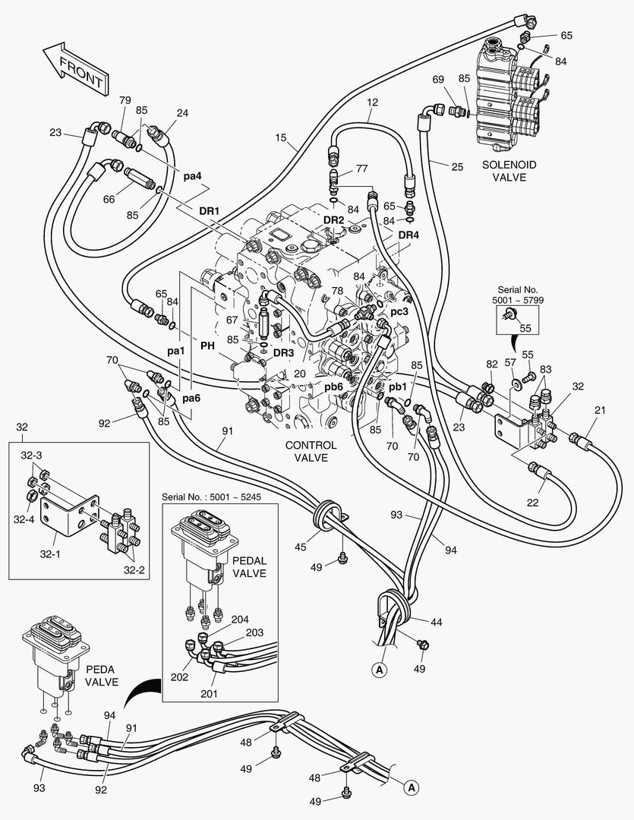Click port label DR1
(x=209, y=210)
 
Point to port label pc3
(x=399, y=311)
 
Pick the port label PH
(x=207, y=345)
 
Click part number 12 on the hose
(x=372, y=102)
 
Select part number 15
(x=281, y=138)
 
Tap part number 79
(x=125, y=100)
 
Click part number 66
(x=109, y=199)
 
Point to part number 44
(x=436, y=623)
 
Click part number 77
(x=361, y=168)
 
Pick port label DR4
(x=408, y=235)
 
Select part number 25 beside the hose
(x=456, y=167)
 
